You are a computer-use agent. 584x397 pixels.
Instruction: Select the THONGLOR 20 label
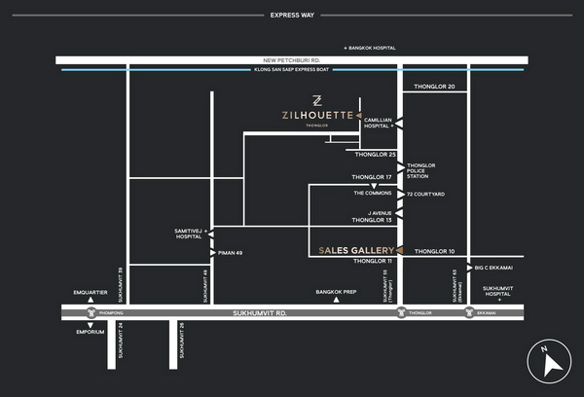(x=434, y=87)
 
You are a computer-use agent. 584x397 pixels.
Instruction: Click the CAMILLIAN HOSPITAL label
(x=378, y=123)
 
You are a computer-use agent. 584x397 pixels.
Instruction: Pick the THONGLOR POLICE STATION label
(x=422, y=170)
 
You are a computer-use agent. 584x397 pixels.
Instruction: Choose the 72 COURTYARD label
(x=425, y=195)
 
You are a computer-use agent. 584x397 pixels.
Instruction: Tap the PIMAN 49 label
(x=233, y=253)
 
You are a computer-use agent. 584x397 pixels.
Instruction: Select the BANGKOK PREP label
(x=335, y=291)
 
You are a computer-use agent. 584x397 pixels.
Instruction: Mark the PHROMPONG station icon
(x=92, y=313)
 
